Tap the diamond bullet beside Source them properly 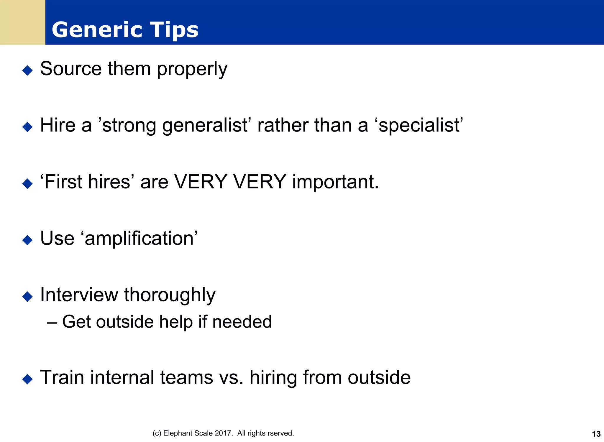click(27, 70)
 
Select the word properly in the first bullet click(192, 69)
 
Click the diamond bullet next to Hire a click(27, 127)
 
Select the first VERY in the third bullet click(201, 182)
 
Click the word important click(335, 182)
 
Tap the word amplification click(139, 238)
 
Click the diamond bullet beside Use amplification click(27, 240)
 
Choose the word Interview click(79, 295)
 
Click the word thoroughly click(170, 295)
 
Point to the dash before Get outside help click(52, 322)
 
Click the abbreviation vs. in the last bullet click(231, 377)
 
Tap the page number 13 click(596, 434)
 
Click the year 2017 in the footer click(224, 433)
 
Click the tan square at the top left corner click(22, 22)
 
